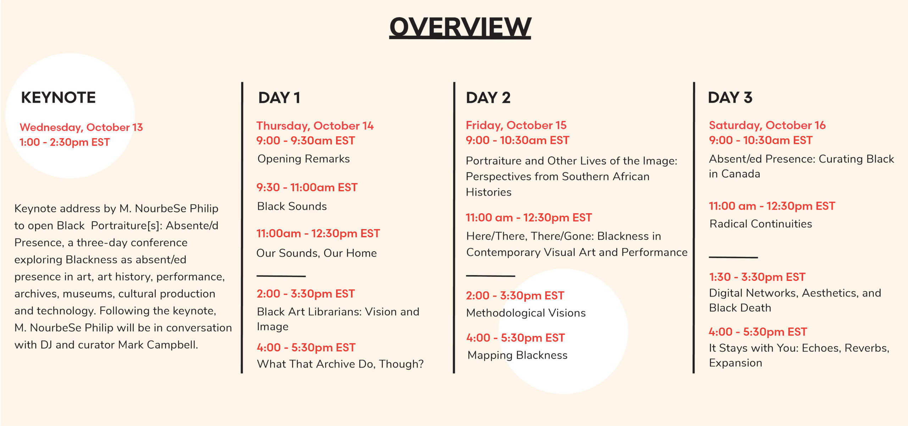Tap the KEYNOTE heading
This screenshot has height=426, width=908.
tap(59, 98)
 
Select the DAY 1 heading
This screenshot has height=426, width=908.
tap(279, 98)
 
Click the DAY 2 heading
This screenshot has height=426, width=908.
tap(488, 98)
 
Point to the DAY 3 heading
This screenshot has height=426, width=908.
tap(730, 98)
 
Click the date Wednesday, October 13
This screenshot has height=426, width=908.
tap(81, 127)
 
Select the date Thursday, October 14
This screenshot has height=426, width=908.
tap(315, 126)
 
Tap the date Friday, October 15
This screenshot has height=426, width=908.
tap(516, 125)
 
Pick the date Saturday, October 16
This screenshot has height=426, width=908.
tap(767, 125)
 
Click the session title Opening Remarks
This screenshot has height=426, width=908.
tap(304, 159)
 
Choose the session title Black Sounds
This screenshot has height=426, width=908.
tap(292, 206)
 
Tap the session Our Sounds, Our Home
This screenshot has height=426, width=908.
tap(316, 253)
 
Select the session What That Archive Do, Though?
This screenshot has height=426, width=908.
tap(340, 364)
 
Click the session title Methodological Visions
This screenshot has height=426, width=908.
tap(526, 313)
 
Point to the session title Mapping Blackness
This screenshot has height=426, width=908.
tap(517, 355)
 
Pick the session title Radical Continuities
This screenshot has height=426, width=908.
tap(761, 224)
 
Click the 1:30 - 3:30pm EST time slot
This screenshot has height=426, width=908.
tap(757, 277)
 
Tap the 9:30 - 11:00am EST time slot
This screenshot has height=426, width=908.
tap(307, 187)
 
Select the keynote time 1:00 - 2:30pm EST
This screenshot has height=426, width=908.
tap(65, 142)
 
